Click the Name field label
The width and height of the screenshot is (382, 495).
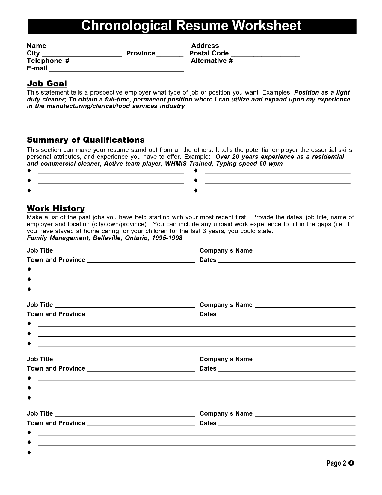36,46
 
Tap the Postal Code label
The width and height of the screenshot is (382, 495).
209,53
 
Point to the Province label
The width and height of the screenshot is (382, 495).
141,53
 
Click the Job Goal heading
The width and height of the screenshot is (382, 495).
47,84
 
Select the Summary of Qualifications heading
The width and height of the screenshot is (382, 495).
86,140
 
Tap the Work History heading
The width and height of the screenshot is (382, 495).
56,208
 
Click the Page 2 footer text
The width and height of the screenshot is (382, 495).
336,463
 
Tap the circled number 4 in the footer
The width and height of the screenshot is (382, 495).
351,463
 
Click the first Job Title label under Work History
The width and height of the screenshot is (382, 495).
40,251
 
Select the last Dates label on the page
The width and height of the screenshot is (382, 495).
208,423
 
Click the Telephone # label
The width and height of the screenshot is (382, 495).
48,61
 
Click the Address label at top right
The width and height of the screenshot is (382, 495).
205,46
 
